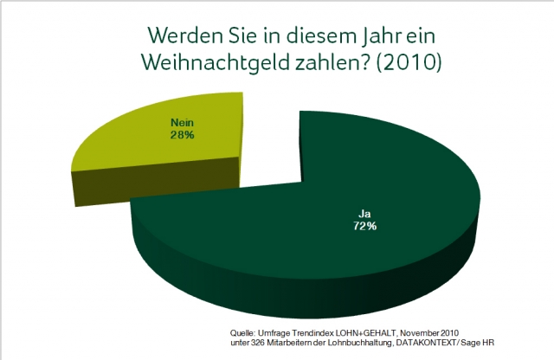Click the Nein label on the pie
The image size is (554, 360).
(181, 124)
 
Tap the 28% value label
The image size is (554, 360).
(181, 136)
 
